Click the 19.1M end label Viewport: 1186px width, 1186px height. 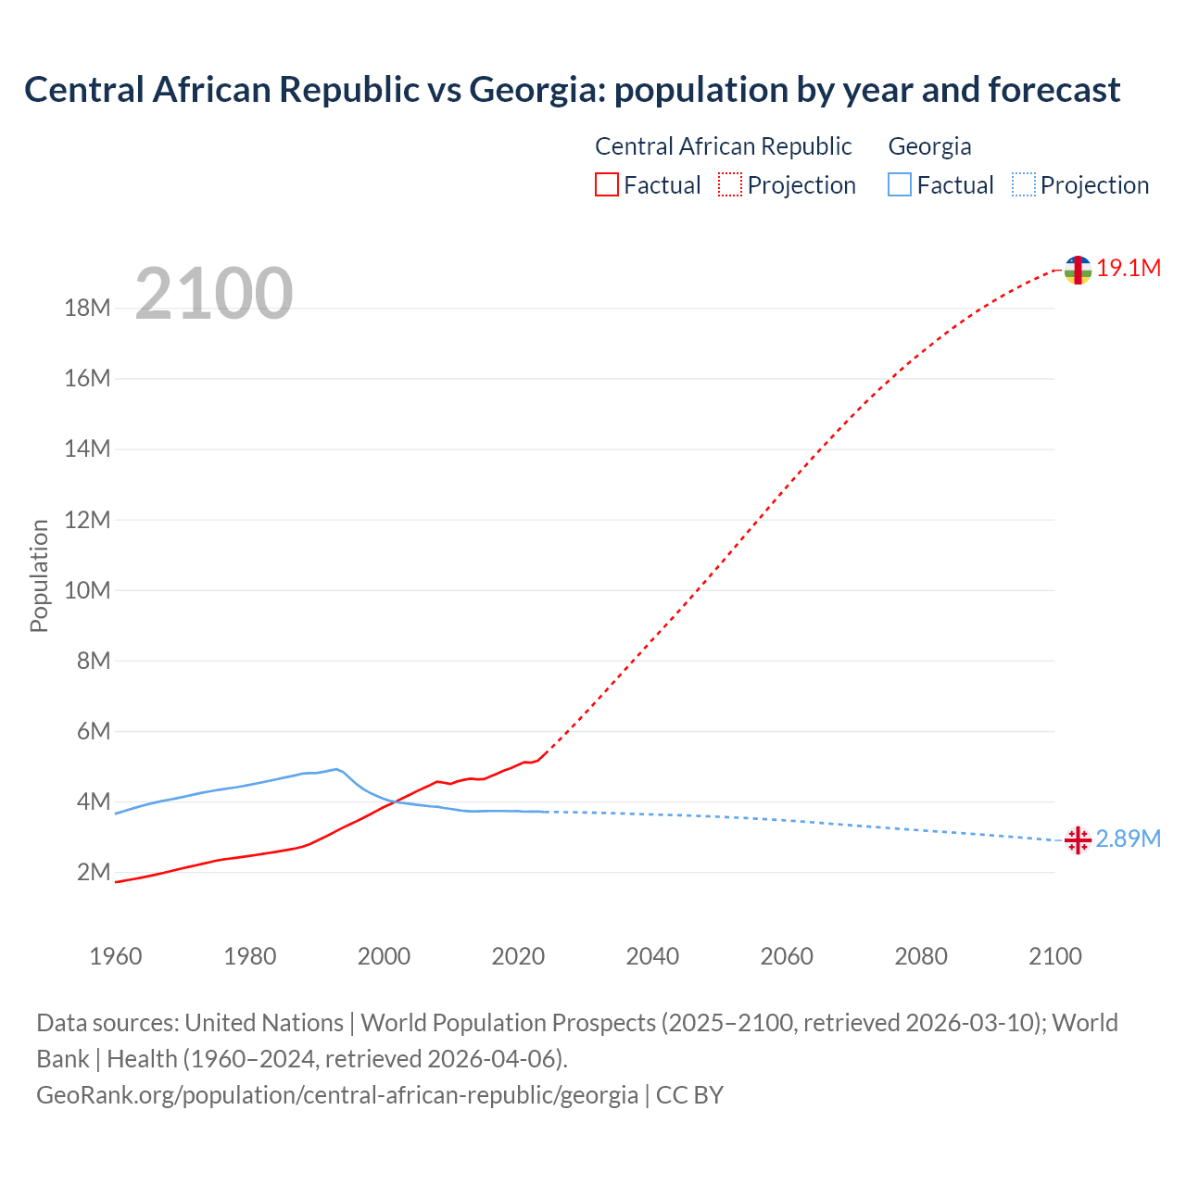click(1129, 269)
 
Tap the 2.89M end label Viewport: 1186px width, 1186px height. click(1128, 839)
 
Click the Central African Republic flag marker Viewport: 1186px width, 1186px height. click(1078, 270)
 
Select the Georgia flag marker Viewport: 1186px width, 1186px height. click(1077, 840)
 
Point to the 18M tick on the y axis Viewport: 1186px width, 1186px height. click(87, 308)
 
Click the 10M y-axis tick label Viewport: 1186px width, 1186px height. click(87, 590)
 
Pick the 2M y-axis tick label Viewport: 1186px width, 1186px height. click(93, 873)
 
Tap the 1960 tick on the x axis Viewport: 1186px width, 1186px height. click(116, 956)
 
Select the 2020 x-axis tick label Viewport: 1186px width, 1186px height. click(518, 956)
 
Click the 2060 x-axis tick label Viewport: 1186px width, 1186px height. click(787, 956)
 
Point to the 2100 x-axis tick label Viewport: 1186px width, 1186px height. click(1054, 956)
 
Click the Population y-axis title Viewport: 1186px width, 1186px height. click(39, 575)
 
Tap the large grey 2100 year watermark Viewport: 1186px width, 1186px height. click(214, 294)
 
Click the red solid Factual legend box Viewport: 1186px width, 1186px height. click(606, 185)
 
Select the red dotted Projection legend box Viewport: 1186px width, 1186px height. click(730, 185)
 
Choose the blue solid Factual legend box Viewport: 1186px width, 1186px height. click(900, 185)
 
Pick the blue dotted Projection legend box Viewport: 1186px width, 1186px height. click(1024, 185)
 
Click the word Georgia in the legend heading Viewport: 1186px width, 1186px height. click(929, 146)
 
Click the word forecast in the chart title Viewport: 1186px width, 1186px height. click(1054, 90)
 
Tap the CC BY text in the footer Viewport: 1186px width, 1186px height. click(689, 1095)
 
